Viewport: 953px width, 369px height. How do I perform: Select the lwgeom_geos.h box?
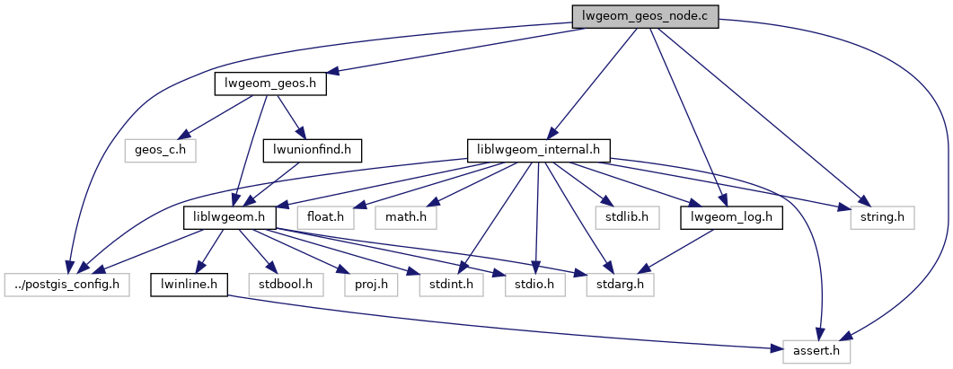pyautogui.click(x=270, y=83)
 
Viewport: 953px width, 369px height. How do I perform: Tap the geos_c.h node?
pyautogui.click(x=161, y=149)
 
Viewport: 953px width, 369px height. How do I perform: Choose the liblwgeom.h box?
pyautogui.click(x=229, y=216)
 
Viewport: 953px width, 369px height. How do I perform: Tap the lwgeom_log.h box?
pyautogui.click(x=732, y=216)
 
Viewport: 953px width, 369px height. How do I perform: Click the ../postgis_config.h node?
pyautogui.click(x=66, y=285)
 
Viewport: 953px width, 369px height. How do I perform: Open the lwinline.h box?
pyautogui.click(x=189, y=285)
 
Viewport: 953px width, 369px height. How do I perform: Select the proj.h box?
pyautogui.click(x=370, y=285)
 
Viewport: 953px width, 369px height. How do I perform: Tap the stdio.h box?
pyautogui.click(x=534, y=285)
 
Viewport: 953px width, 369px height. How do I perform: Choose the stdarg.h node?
pyautogui.click(x=620, y=285)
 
